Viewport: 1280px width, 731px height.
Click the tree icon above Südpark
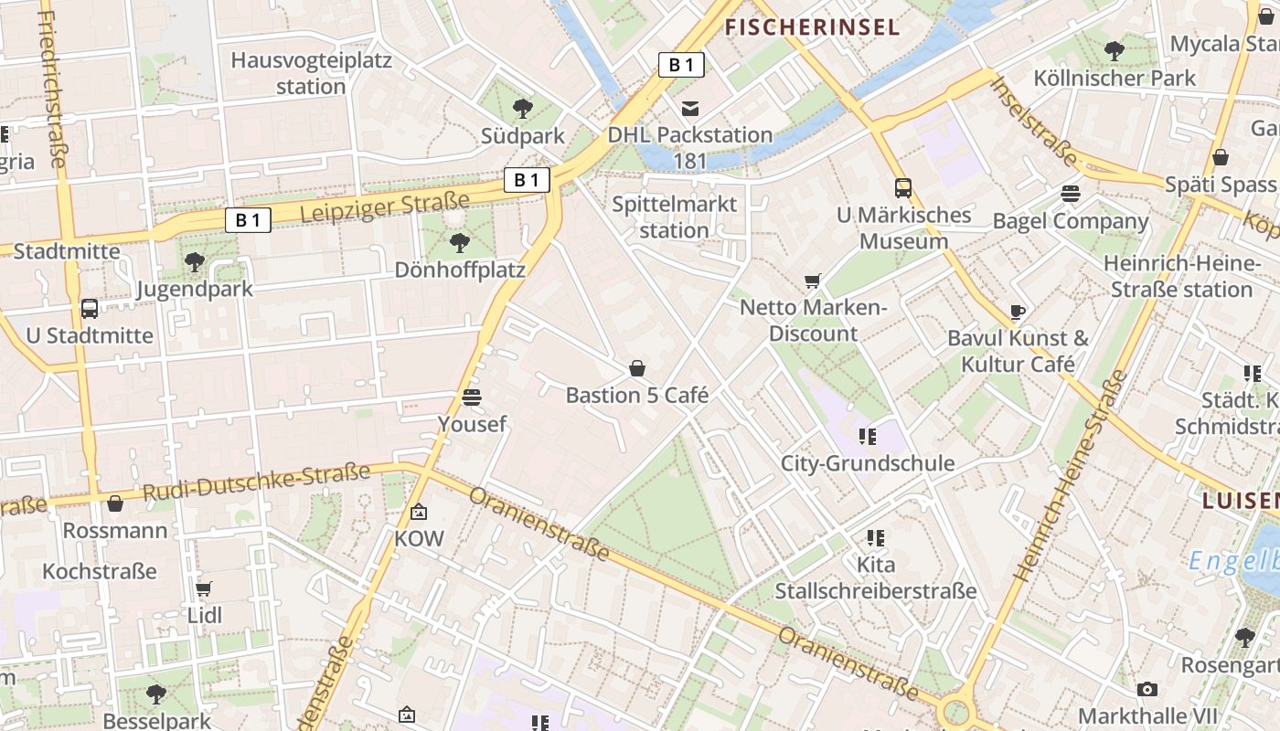tap(523, 109)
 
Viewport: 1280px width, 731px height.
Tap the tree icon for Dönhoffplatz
tap(460, 243)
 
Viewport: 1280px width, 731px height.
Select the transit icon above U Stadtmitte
tap(90, 309)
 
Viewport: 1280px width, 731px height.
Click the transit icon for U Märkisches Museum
tap(903, 188)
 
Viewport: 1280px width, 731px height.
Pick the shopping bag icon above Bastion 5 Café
tap(637, 368)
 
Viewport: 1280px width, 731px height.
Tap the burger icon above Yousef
tap(472, 397)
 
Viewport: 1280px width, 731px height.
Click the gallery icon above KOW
tap(419, 512)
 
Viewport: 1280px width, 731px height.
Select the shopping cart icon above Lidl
tap(204, 589)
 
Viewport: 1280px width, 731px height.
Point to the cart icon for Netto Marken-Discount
tap(813, 281)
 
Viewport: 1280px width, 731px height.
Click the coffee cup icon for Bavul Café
tap(1018, 312)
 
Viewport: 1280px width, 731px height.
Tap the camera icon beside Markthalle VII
tap(1147, 689)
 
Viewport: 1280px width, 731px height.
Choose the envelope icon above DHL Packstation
tap(690, 109)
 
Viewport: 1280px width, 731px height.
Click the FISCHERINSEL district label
tap(813, 27)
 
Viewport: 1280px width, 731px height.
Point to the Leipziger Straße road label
tap(385, 208)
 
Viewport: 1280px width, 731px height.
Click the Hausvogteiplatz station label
tap(311, 73)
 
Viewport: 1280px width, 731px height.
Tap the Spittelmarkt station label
tap(674, 217)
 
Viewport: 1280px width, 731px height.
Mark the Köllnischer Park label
tap(1115, 78)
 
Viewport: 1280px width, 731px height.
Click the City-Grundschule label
tap(867, 463)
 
